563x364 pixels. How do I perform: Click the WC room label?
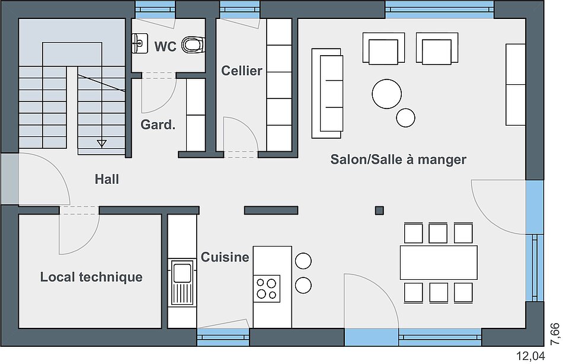[x=165, y=47]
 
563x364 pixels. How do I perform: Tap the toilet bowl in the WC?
[x=193, y=44]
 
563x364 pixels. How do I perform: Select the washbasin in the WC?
[x=140, y=43]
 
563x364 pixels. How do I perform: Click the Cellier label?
[x=242, y=71]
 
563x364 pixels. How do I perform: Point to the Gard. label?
[x=158, y=124]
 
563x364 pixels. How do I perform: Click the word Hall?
[x=107, y=179]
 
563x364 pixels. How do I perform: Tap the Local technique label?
[x=91, y=277]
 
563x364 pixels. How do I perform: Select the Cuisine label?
[x=225, y=257]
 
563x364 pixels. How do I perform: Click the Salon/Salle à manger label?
[x=398, y=159]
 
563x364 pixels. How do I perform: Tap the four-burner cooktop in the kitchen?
[x=267, y=289]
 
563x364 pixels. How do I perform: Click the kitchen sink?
[x=182, y=282]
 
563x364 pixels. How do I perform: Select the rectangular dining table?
[x=439, y=263]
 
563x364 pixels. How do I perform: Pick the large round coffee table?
[x=387, y=94]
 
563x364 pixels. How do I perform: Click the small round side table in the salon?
[x=406, y=118]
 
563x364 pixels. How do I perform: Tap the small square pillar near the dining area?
[x=379, y=210]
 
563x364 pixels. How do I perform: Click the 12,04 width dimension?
[x=530, y=356]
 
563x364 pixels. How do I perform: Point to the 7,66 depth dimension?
[x=555, y=334]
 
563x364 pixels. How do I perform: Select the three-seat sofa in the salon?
[x=327, y=94]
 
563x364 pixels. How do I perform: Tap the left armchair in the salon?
[x=384, y=49]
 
